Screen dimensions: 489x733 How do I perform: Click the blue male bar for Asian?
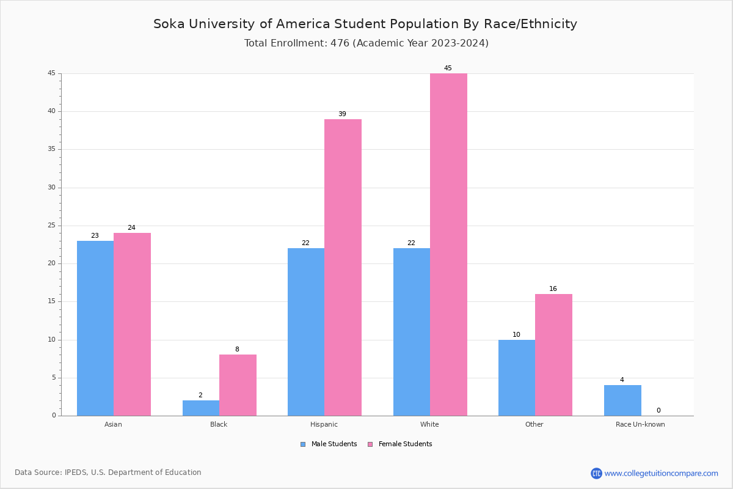tap(95, 328)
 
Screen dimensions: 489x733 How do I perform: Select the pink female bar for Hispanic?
tap(343, 267)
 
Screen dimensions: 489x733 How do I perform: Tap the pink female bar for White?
tap(448, 244)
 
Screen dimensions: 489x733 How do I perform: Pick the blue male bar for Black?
tap(201, 408)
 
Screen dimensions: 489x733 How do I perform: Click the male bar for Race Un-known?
tap(622, 400)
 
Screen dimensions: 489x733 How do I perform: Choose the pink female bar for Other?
tap(553, 355)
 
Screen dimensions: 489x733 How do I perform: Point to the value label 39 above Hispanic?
tap(342, 114)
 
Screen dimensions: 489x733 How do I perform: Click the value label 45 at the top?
tap(448, 68)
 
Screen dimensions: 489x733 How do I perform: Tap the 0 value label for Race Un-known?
tap(658, 411)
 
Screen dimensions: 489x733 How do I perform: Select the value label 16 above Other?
tap(553, 289)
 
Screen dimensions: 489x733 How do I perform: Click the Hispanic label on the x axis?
tap(324, 424)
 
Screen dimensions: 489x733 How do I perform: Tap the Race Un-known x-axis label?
tap(640, 424)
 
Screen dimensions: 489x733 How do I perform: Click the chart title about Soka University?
tap(365, 24)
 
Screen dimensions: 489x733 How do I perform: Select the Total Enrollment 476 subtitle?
tap(366, 43)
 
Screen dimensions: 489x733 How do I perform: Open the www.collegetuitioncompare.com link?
tap(661, 473)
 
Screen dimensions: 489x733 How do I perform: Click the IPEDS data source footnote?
tap(108, 472)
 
